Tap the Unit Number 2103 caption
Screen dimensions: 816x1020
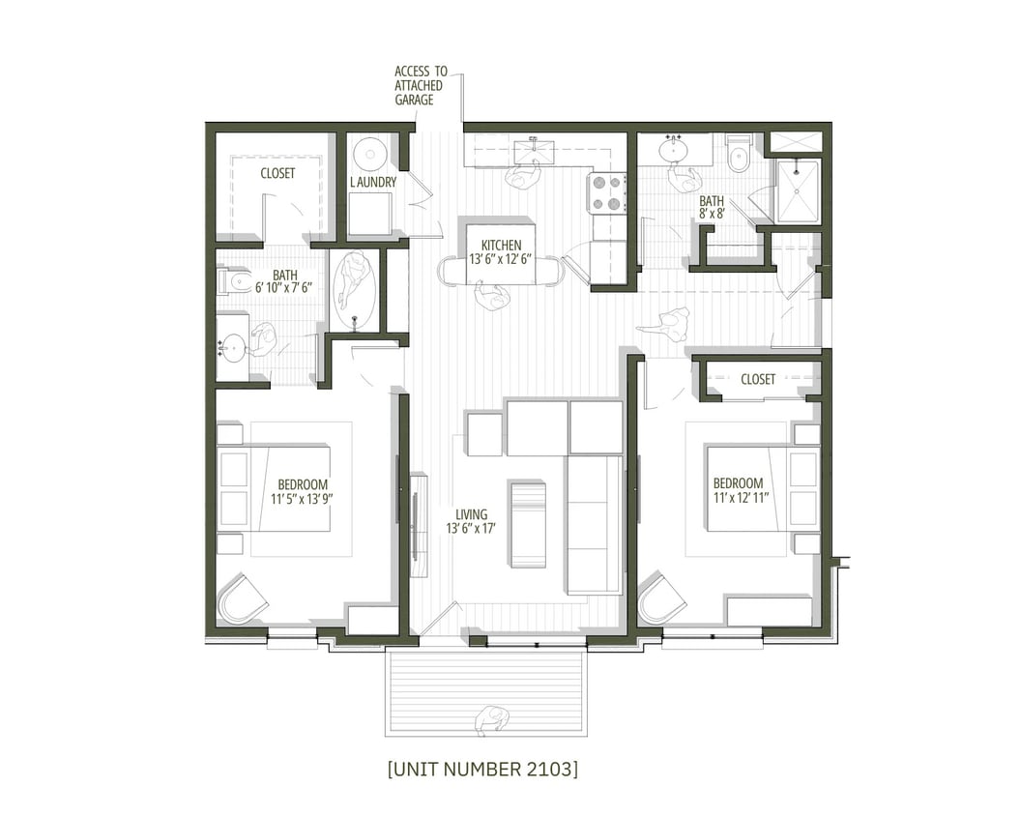coord(482,770)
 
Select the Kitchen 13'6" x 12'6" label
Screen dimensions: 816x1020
coord(501,252)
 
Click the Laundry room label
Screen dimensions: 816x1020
coord(373,182)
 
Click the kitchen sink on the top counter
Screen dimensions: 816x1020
coord(534,151)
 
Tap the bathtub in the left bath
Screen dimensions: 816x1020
coord(355,290)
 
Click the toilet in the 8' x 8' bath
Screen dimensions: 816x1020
coord(739,154)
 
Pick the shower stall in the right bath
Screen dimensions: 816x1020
coord(798,191)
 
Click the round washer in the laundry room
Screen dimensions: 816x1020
coord(369,154)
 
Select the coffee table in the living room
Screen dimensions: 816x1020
coord(528,522)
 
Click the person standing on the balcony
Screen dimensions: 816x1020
coord(492,720)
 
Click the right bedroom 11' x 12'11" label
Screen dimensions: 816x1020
coord(738,491)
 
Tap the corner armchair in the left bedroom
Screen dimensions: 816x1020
coord(241,599)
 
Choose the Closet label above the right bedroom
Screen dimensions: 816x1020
coord(758,380)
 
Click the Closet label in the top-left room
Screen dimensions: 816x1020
coord(277,173)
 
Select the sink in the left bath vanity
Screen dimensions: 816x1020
coord(232,346)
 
